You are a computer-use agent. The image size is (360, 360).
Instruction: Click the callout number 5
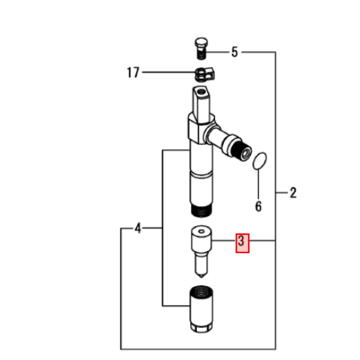(234, 52)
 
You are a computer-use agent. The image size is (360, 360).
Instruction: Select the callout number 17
(133, 72)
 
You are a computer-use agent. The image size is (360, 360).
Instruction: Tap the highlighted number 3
(241, 240)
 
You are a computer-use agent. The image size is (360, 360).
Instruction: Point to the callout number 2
(293, 193)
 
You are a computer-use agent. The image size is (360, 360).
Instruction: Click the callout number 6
(258, 206)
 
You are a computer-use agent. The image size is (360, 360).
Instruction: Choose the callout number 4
(137, 228)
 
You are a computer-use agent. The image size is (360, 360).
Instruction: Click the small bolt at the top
(201, 49)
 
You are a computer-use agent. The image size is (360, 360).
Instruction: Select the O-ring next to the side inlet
(259, 161)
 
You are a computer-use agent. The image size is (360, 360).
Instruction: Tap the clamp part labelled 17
(205, 74)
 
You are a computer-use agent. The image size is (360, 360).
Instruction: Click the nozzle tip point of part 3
(201, 277)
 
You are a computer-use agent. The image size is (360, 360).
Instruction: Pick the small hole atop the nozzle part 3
(201, 231)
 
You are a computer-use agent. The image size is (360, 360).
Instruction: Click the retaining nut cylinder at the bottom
(201, 309)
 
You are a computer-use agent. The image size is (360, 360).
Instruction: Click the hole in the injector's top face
(201, 92)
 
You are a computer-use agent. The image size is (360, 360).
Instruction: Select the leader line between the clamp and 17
(169, 72)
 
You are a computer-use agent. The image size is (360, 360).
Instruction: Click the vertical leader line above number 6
(258, 184)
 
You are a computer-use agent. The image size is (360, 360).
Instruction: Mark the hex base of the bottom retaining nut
(201, 327)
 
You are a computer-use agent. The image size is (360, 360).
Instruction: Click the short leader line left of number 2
(282, 193)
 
